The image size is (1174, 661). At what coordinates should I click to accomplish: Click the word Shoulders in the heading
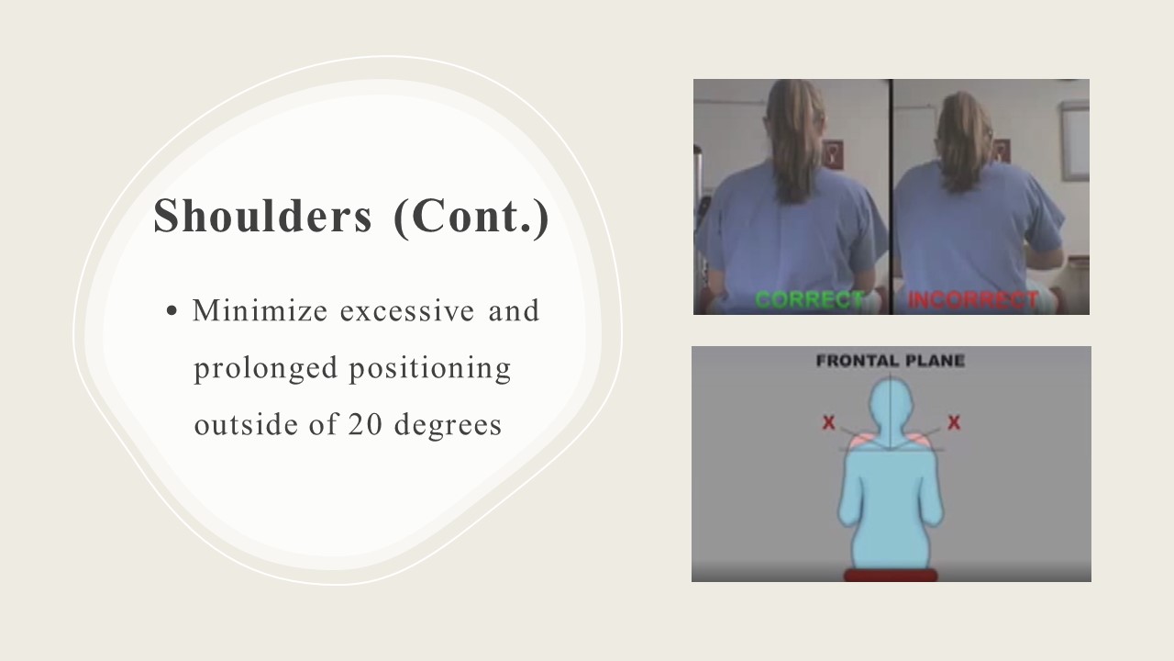pyautogui.click(x=262, y=216)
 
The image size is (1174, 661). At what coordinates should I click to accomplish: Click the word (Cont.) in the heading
pyautogui.click(x=471, y=218)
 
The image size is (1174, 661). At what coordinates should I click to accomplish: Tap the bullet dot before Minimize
pyautogui.click(x=172, y=310)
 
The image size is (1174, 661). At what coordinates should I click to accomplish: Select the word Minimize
pyautogui.click(x=260, y=310)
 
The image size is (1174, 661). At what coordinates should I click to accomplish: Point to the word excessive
pyautogui.click(x=407, y=310)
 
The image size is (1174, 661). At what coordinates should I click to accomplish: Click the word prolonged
pyautogui.click(x=266, y=369)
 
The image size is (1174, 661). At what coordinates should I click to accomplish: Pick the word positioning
pyautogui.click(x=430, y=369)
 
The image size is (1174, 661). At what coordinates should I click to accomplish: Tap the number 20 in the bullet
pyautogui.click(x=365, y=424)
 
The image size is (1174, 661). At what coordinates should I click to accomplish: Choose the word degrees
pyautogui.click(x=449, y=426)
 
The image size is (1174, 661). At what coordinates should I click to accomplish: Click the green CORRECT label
pyautogui.click(x=809, y=300)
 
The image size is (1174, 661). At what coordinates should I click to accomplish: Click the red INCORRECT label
pyautogui.click(x=973, y=300)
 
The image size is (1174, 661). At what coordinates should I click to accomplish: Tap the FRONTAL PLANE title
pyautogui.click(x=891, y=361)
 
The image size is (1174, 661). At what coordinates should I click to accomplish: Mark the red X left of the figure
pyautogui.click(x=828, y=423)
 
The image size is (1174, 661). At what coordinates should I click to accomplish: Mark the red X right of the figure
pyautogui.click(x=954, y=423)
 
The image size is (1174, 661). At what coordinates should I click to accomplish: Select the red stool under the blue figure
pyautogui.click(x=891, y=575)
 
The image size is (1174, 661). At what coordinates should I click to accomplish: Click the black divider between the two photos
pyautogui.click(x=891, y=196)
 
